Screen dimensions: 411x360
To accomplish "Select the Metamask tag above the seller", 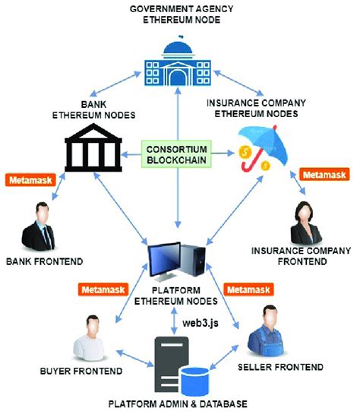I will point(248,289).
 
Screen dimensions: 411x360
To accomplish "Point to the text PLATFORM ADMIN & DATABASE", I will point(179,403).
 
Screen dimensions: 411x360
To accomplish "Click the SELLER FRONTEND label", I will point(286,367).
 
